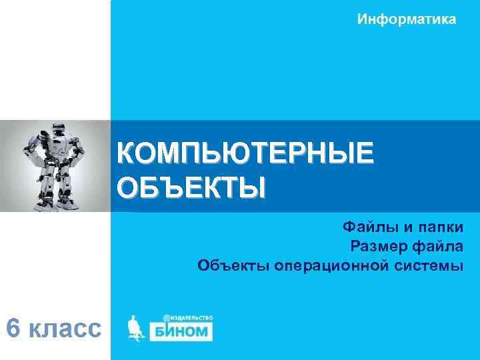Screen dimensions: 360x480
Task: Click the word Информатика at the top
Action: pyautogui.click(x=407, y=19)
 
